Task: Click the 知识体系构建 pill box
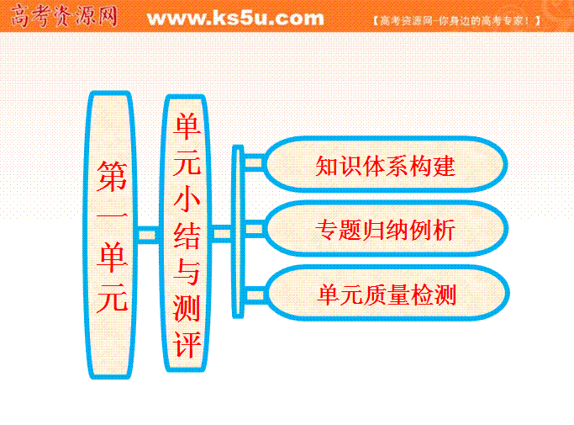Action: pos(386,164)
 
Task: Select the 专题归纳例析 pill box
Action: pos(386,229)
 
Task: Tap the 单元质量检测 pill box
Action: pos(387,294)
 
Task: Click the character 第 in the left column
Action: pos(112,177)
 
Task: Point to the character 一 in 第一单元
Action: pos(112,217)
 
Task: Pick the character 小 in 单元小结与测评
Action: pos(187,199)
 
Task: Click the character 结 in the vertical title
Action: pos(187,236)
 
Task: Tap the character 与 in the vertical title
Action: pos(187,272)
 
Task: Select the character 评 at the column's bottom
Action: pos(187,344)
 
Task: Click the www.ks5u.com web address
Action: pos(235,19)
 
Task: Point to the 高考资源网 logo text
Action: pos(64,16)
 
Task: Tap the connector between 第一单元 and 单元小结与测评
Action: pos(148,234)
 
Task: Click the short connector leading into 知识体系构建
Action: pos(253,162)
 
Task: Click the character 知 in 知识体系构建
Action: pos(327,166)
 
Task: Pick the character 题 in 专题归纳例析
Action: pos(350,230)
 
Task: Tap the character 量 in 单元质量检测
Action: pos(398,295)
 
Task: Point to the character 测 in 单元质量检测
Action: pos(445,295)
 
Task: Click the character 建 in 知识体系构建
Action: pos(444,166)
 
